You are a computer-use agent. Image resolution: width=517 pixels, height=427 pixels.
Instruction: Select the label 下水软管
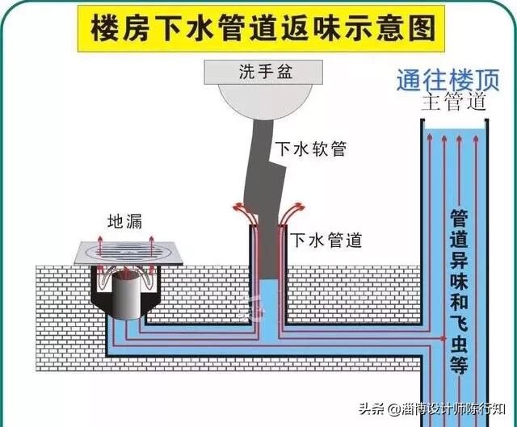point(310,149)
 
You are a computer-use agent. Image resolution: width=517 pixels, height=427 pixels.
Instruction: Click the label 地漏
point(124,220)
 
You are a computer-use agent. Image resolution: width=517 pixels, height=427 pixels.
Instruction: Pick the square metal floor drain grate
point(129,251)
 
